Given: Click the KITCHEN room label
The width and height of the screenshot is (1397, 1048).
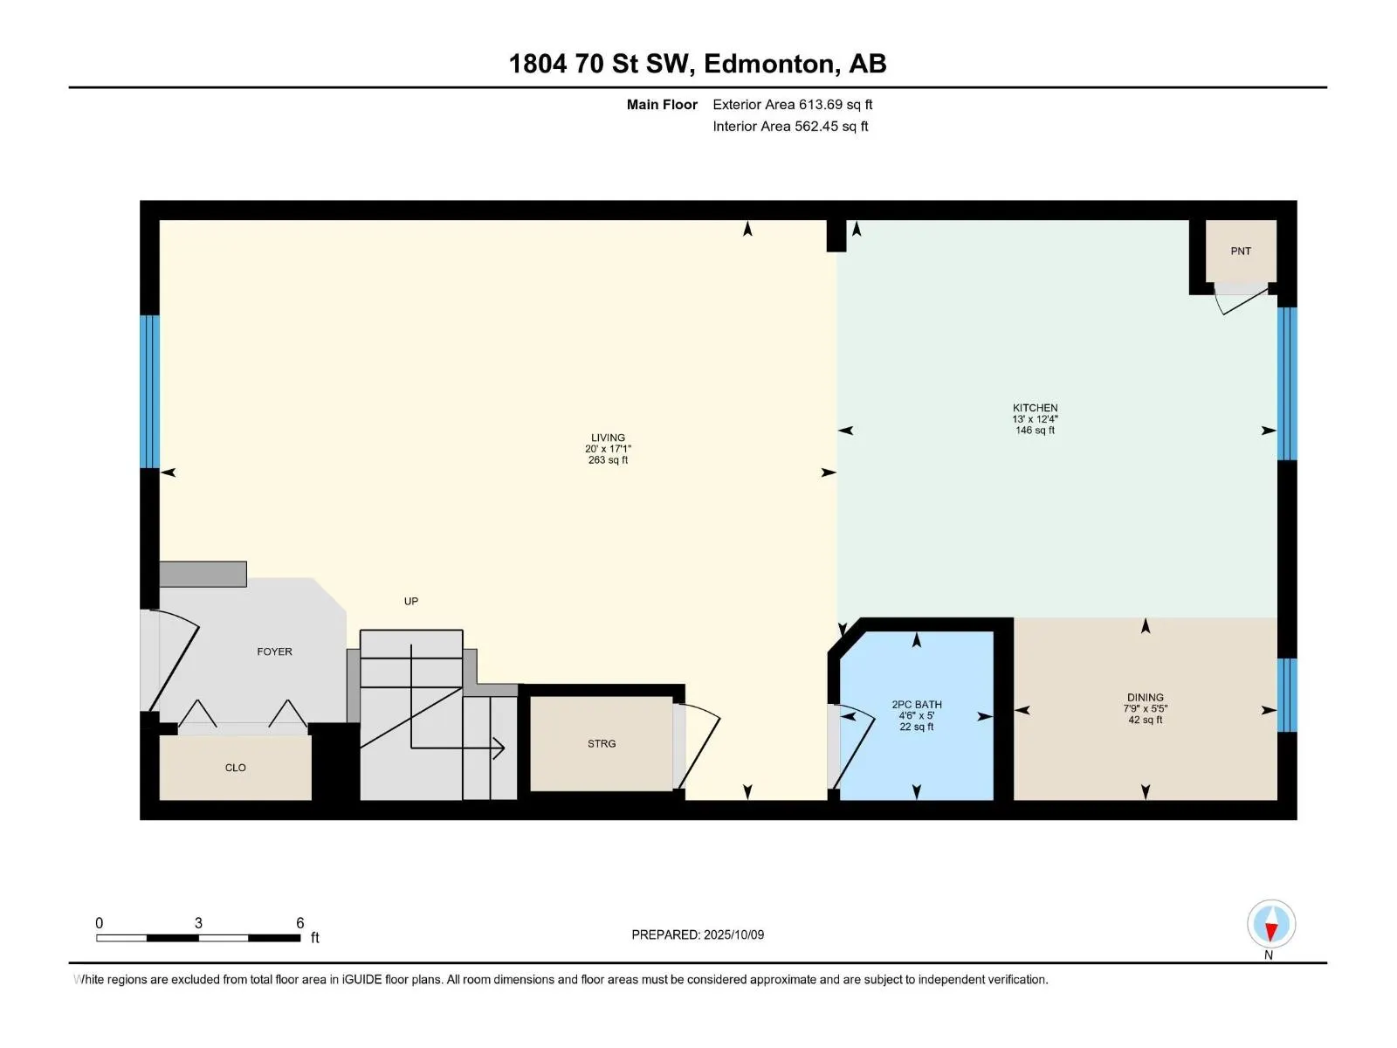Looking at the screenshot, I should pyautogui.click(x=1035, y=408).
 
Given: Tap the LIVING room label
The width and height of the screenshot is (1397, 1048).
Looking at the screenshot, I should pyautogui.click(x=608, y=438).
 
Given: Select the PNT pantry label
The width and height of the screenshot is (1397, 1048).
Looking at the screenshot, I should pyautogui.click(x=1241, y=252).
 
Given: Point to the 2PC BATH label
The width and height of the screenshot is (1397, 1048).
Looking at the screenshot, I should pyautogui.click(x=917, y=705).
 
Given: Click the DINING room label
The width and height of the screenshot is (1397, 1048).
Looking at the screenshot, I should pyautogui.click(x=1145, y=698).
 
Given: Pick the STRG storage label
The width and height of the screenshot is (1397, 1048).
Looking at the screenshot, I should pyautogui.click(x=602, y=744).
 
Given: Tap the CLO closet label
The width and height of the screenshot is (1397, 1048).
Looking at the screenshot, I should pyautogui.click(x=236, y=768).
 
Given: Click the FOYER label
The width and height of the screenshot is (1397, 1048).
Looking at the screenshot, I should pyautogui.click(x=274, y=652).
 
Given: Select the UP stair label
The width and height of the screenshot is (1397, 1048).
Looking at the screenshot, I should pyautogui.click(x=411, y=601).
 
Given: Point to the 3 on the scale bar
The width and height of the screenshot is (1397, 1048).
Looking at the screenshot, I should pyautogui.click(x=198, y=923).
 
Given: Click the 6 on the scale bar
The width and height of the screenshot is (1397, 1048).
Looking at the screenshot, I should pyautogui.click(x=299, y=923).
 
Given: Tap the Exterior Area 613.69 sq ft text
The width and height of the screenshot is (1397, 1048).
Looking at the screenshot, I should pyautogui.click(x=792, y=105).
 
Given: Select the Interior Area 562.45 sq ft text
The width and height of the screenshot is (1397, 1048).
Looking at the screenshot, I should pyautogui.click(x=790, y=127).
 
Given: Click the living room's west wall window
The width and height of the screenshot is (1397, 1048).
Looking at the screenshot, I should pyautogui.click(x=149, y=391).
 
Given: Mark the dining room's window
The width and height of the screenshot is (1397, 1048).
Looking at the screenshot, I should pyautogui.click(x=1287, y=694).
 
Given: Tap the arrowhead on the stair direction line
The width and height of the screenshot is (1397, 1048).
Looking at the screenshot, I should pyautogui.click(x=499, y=748).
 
